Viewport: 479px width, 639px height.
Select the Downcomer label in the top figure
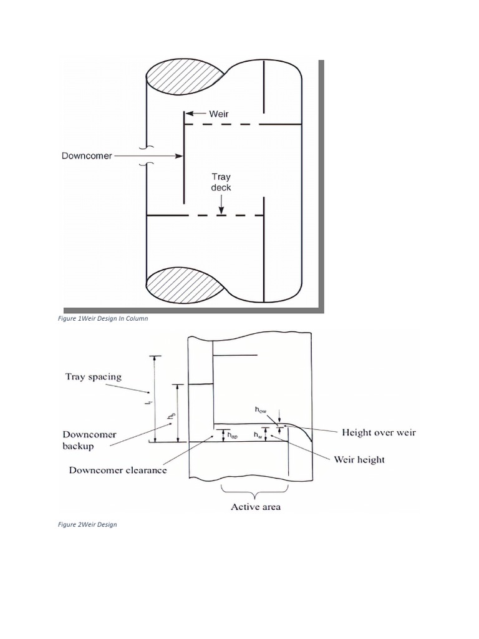click(87, 156)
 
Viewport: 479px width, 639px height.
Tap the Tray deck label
click(220, 182)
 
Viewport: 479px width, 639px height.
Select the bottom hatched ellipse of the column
click(185, 286)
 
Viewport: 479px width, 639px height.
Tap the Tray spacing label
click(93, 377)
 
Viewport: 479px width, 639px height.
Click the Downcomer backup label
click(89, 440)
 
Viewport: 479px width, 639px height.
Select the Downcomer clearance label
click(117, 471)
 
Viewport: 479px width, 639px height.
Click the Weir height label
click(359, 460)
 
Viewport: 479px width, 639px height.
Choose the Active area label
click(256, 507)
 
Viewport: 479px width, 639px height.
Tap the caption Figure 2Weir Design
click(88, 525)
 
